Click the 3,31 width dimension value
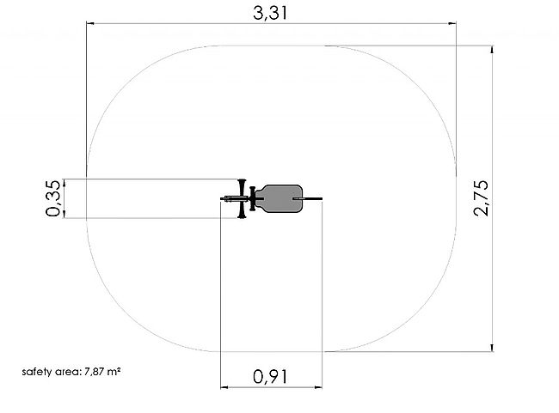coord(270,13)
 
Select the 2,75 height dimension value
coord(482,198)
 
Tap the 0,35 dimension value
coord(53,198)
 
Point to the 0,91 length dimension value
coord(270,377)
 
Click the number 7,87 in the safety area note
coord(95,373)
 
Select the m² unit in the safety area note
coord(114,372)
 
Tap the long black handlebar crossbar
coord(242,198)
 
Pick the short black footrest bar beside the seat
coord(252,198)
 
